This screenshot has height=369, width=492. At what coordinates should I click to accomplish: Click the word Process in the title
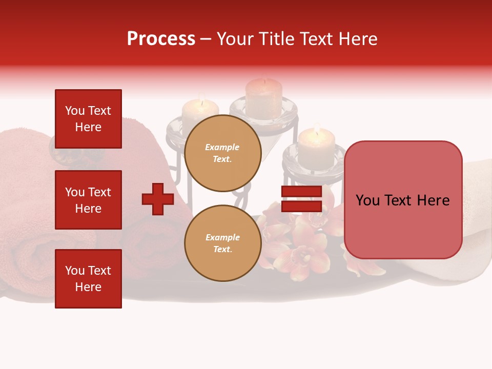(x=161, y=39)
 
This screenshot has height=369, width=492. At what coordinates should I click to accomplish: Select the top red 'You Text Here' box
(x=88, y=119)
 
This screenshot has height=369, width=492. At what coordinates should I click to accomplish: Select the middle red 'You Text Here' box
(x=88, y=200)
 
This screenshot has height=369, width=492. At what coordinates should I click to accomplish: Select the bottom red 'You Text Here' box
(x=88, y=279)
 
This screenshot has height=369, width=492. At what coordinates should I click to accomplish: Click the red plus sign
(x=158, y=199)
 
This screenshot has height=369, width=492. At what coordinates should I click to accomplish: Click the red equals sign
(x=301, y=199)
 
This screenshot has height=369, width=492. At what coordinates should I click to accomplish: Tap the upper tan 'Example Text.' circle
(x=222, y=153)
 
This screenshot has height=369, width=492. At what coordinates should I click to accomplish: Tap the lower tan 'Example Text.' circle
(x=222, y=243)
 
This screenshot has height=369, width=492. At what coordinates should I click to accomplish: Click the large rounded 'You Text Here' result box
(x=403, y=200)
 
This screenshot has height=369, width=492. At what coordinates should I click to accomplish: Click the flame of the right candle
(x=317, y=129)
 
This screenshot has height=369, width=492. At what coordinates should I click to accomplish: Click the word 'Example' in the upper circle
(x=222, y=147)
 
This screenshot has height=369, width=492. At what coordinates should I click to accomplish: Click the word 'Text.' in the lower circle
(x=222, y=250)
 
